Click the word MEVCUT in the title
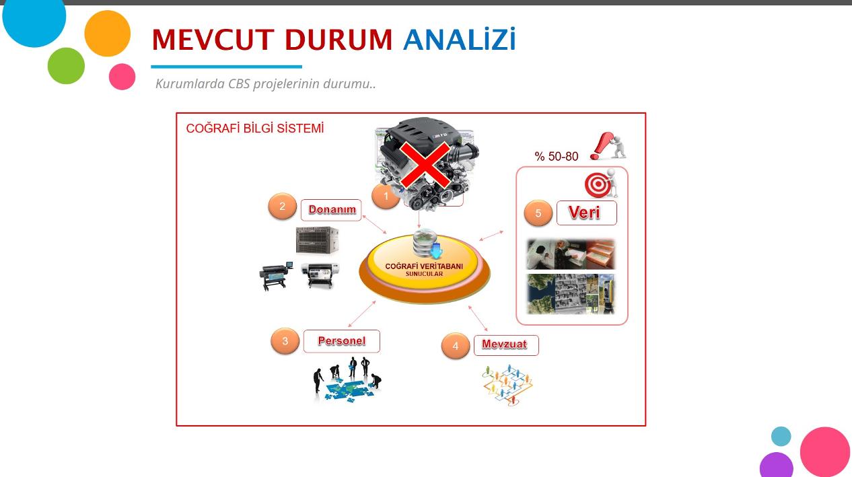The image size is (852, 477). [213, 40]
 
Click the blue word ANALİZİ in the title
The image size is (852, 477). [460, 39]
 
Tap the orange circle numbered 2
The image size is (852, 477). [282, 206]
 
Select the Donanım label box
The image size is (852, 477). [331, 210]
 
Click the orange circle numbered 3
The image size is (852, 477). [285, 341]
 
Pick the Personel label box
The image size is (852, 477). [342, 341]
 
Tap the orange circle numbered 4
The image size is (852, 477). [456, 346]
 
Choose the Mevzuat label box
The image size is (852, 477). [506, 345]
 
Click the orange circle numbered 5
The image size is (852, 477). [538, 213]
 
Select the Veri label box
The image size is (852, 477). [587, 213]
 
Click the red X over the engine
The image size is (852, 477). [425, 165]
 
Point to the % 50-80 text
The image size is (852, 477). [556, 156]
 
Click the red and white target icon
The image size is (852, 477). [598, 185]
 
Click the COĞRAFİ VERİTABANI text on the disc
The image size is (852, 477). [424, 266]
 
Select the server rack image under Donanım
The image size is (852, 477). [317, 240]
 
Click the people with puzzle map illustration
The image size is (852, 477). [347, 379]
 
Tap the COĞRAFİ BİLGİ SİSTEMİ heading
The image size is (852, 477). [255, 129]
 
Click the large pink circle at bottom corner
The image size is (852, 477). [824, 451]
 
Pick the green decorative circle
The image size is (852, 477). [66, 66]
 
